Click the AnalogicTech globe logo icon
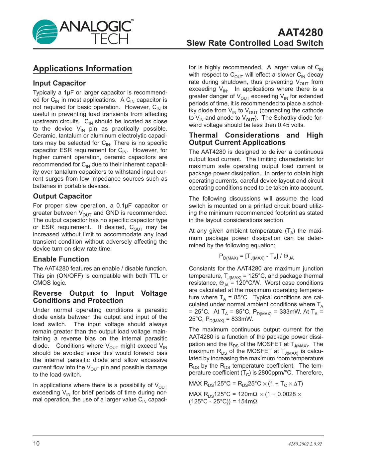click(45, 32)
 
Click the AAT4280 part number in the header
click(300, 32)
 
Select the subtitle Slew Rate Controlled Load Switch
click(254, 43)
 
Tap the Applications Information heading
click(82, 69)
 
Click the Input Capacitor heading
click(59, 83)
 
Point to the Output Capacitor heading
click(62, 196)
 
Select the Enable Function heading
click(61, 259)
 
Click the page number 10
click(36, 444)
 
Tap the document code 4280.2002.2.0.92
click(305, 444)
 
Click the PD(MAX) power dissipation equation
click(256, 257)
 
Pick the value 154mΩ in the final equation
click(247, 401)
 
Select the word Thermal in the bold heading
click(203, 135)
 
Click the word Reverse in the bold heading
click(47, 293)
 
